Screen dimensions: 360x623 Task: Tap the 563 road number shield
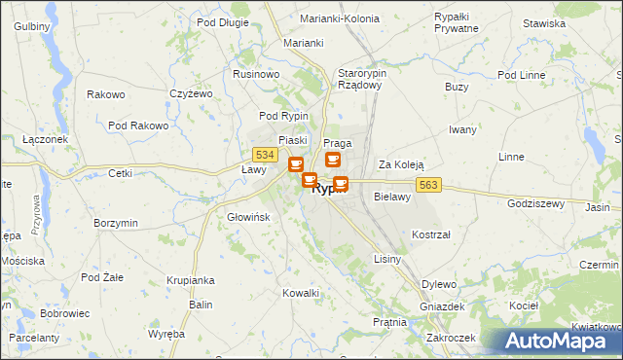(431, 185)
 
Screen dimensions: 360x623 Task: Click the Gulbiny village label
(32, 25)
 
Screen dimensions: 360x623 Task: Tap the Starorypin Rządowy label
(362, 80)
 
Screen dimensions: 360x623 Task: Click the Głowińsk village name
(247, 217)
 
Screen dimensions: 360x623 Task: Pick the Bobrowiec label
(65, 314)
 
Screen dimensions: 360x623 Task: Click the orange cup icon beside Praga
(333, 160)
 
